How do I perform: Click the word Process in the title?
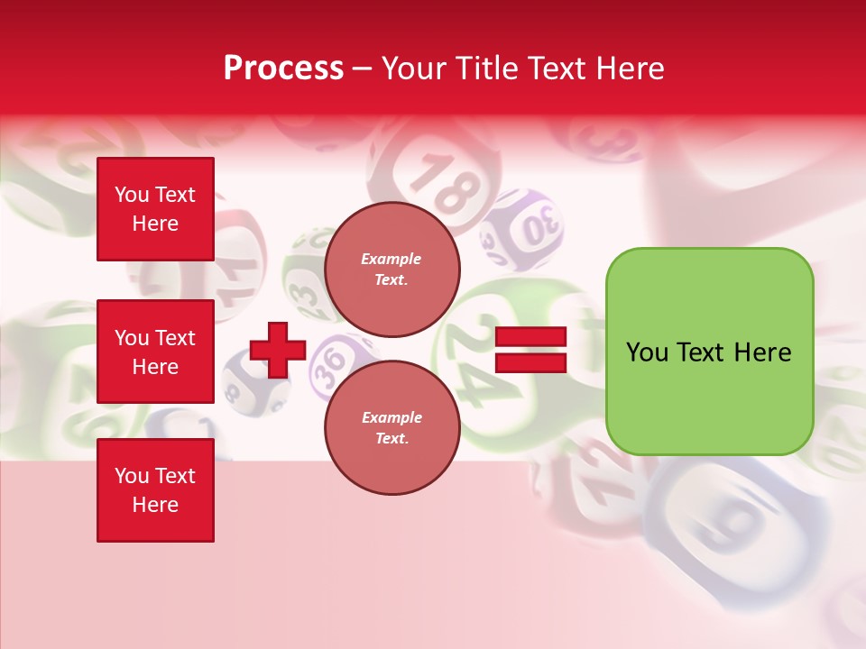tap(283, 69)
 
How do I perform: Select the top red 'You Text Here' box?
tap(155, 209)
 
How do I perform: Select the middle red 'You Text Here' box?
tap(155, 352)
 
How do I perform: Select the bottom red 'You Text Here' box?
tap(155, 490)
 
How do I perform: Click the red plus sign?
tap(278, 350)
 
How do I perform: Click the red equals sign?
tap(530, 350)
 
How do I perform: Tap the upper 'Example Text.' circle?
tap(392, 270)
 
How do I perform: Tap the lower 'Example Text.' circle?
tap(392, 428)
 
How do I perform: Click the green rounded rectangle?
tap(709, 352)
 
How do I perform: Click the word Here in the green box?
tap(762, 352)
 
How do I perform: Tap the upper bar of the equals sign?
tap(530, 336)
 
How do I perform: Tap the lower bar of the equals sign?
tap(530, 362)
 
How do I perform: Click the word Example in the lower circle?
tap(392, 417)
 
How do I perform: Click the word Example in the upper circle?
tap(392, 259)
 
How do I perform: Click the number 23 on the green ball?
tap(305, 294)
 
